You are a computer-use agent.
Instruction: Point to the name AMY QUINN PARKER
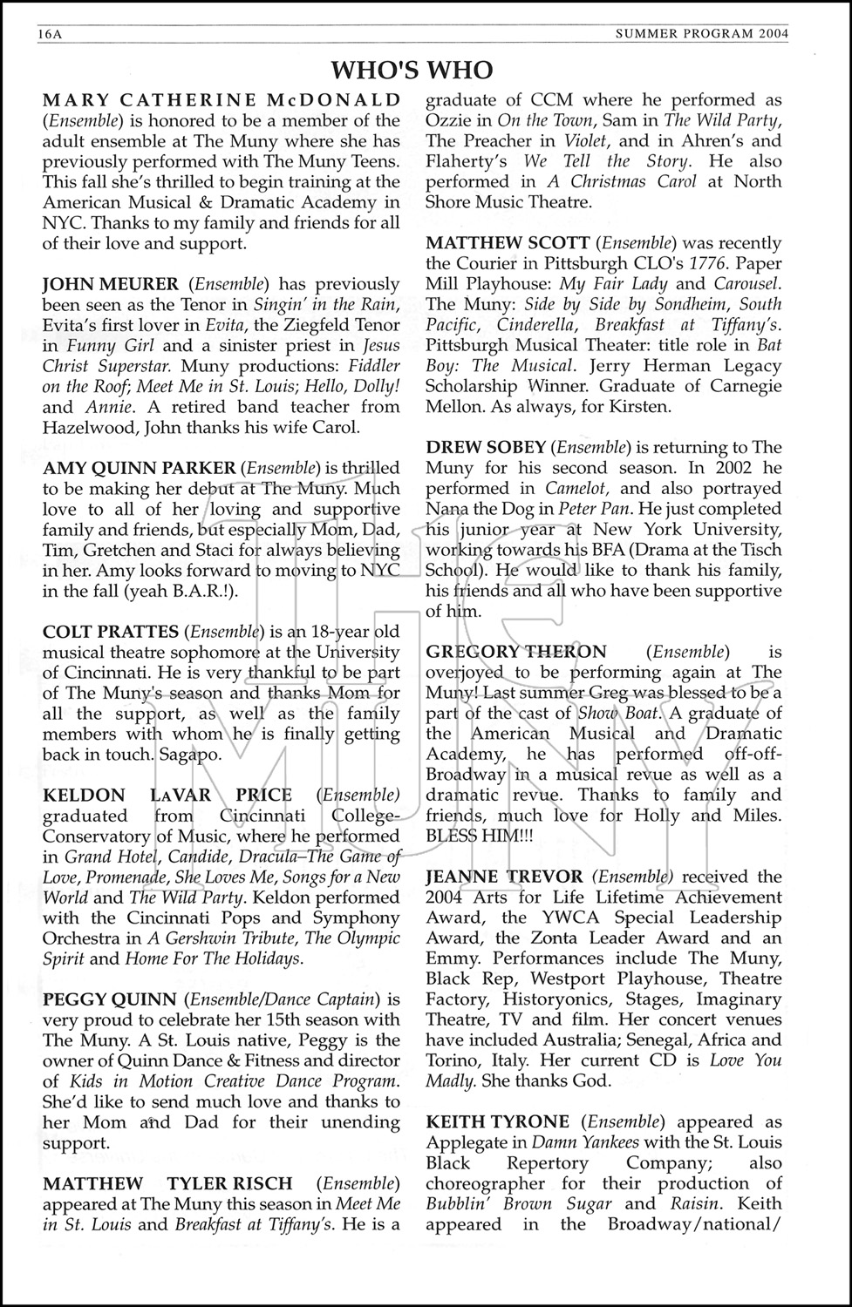[139, 468]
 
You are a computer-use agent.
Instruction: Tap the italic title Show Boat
[620, 713]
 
